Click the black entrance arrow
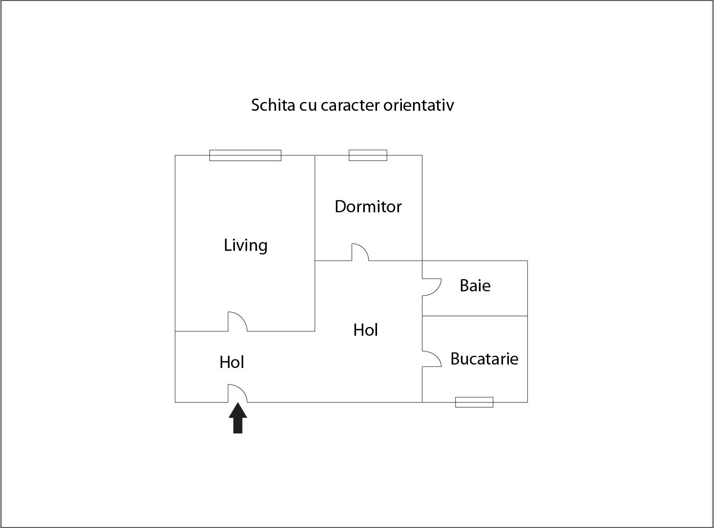point(238,418)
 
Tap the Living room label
point(246,246)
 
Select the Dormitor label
point(368,206)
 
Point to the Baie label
point(475,285)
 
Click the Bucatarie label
point(484,359)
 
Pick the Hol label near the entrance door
point(232,362)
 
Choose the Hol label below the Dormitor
point(365,330)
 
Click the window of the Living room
point(245,155)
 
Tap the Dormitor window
point(368,155)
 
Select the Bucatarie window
point(474,402)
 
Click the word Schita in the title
point(273,105)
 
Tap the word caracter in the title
point(350,106)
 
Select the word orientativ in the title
point(419,105)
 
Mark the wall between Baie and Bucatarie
point(475,316)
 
